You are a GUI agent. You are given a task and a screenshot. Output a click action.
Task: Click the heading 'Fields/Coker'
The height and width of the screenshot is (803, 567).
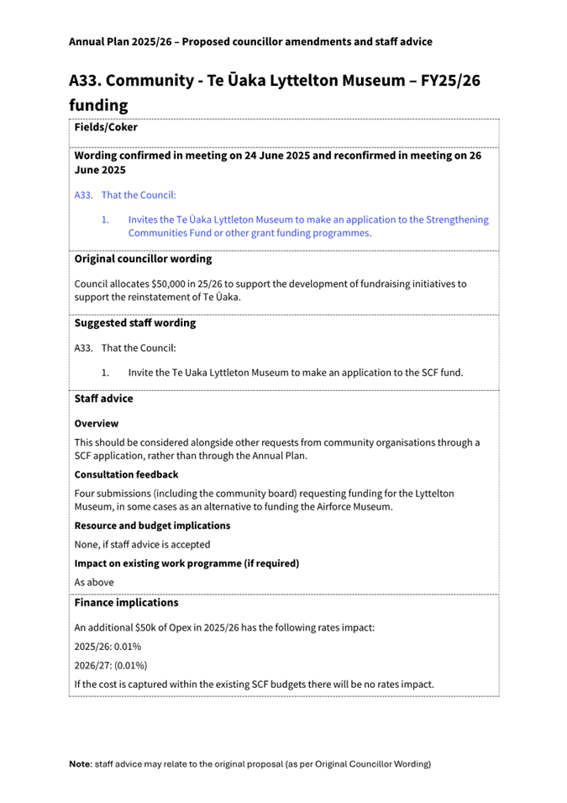106,128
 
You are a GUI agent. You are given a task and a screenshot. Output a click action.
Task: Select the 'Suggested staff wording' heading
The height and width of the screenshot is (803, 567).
135,323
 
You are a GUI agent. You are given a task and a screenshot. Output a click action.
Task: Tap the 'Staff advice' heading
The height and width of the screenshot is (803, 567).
103,399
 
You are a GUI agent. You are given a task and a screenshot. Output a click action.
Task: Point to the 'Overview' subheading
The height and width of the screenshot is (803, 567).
97,423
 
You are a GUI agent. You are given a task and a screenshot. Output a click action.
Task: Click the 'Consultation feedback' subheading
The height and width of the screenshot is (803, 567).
126,474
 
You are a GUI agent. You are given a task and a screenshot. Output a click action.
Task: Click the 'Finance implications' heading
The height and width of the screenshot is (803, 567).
126,603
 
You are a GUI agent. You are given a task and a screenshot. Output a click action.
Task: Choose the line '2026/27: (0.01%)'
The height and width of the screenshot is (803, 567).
111,665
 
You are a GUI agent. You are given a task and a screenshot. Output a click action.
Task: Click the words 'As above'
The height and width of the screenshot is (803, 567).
94,581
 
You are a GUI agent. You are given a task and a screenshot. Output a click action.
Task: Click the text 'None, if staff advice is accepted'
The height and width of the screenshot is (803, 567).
142,544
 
